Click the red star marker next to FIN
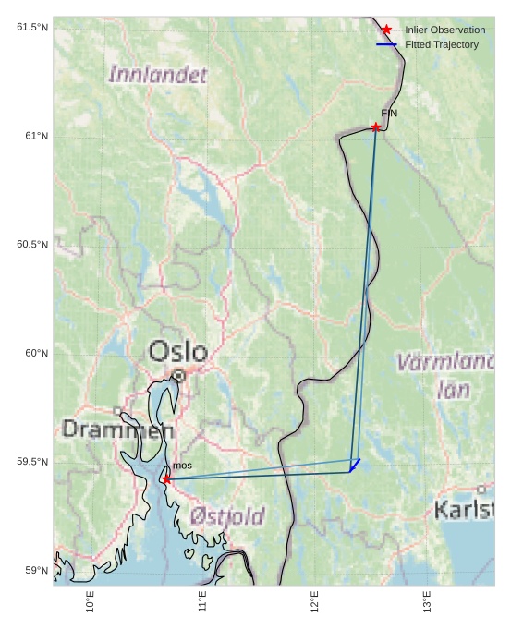point(375,127)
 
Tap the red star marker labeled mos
point(166,479)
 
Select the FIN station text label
point(389,113)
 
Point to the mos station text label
point(182,466)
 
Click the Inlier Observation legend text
point(444,30)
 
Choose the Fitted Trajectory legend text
point(442,44)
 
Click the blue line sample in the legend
point(386,44)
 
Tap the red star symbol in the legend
point(386,30)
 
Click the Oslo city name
point(178,351)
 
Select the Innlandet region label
point(158,75)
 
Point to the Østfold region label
point(227,516)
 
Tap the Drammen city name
point(117,429)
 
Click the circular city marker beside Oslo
point(178,375)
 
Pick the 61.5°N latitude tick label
point(32,27)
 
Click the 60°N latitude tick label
point(35,353)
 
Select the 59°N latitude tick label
point(35,570)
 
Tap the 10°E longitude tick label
point(90,601)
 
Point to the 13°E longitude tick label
point(428,601)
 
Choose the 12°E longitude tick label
point(315,601)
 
